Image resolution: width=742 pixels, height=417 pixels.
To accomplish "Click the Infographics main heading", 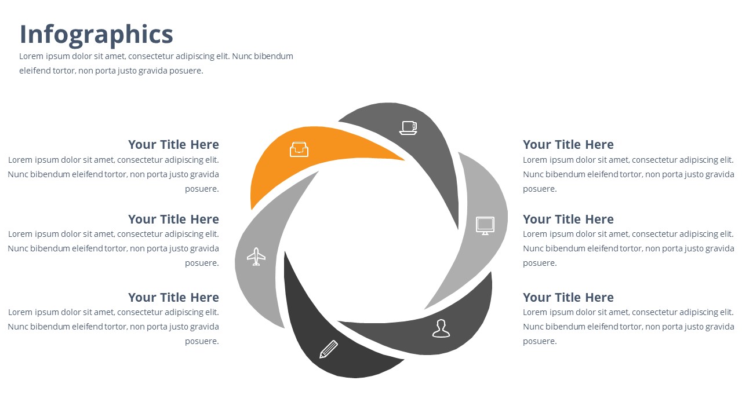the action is (x=96, y=35).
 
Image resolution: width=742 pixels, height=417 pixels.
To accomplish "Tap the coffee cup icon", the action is (x=408, y=128).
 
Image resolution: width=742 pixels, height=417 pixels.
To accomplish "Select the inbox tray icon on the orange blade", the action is (x=299, y=149).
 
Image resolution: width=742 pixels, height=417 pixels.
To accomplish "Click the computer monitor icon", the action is (x=485, y=226).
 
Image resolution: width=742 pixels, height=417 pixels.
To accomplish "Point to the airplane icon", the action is (x=256, y=257).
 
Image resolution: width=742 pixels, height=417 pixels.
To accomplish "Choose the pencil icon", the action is (x=329, y=349).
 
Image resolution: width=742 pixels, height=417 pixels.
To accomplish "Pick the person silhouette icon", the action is (x=441, y=328).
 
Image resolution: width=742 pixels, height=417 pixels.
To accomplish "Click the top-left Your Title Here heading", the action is (x=173, y=145).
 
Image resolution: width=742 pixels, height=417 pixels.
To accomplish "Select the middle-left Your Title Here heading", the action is (x=173, y=220).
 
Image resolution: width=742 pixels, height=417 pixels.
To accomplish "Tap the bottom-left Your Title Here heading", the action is (x=173, y=298).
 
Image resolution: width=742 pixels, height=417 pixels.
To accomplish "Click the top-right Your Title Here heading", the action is (x=569, y=145).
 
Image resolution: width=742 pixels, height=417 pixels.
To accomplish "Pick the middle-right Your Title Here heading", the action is (x=569, y=220).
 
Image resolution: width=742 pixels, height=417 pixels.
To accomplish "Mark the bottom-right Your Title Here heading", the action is (x=569, y=298).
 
